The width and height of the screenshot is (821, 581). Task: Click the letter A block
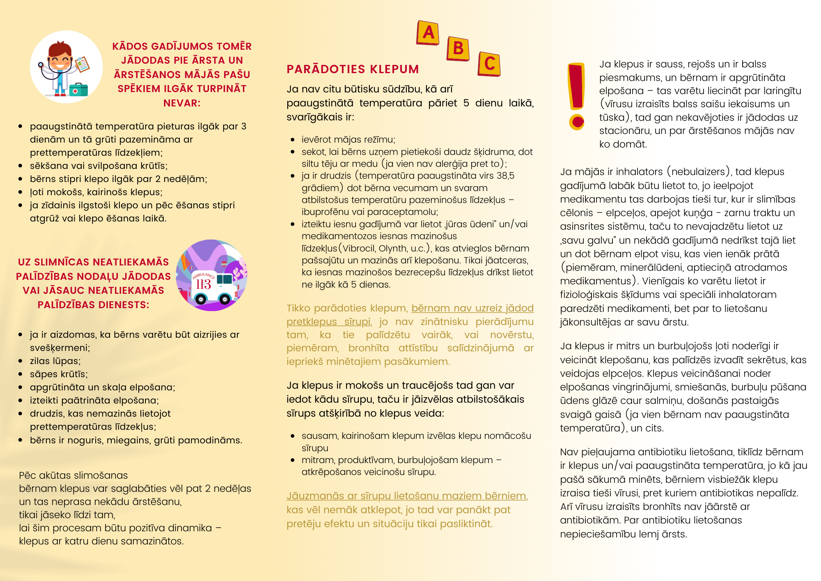[x=428, y=32]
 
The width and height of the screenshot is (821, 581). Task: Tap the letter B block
[x=458, y=48]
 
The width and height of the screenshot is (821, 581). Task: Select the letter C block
[x=489, y=64]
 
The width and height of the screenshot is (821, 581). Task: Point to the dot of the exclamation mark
[x=577, y=122]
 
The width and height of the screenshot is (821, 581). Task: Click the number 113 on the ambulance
[x=203, y=284]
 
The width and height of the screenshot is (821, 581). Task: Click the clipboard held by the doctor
[x=83, y=64]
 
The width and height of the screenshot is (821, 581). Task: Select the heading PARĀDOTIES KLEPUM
[x=353, y=69]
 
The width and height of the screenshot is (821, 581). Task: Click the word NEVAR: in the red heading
[x=182, y=103]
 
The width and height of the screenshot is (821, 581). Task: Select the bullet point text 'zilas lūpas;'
[x=55, y=361]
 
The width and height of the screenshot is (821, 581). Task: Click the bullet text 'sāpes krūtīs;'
[x=59, y=374]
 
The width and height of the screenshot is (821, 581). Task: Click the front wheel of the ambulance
[x=225, y=299]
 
